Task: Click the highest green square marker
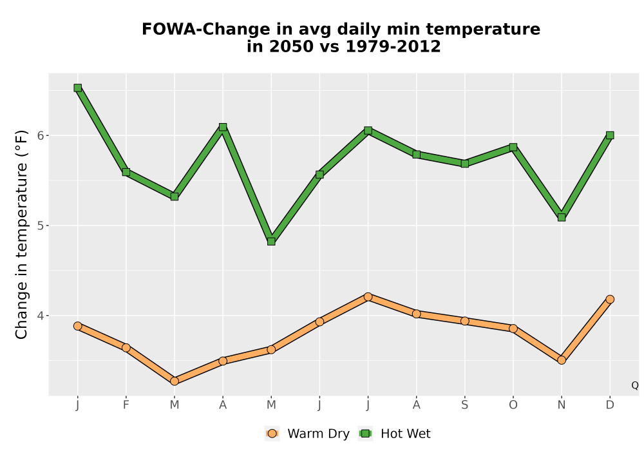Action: click(x=78, y=88)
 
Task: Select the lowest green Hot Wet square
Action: click(x=271, y=242)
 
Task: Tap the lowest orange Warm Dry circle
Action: click(x=175, y=381)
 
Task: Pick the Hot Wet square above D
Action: click(x=610, y=135)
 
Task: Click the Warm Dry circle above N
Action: click(x=562, y=360)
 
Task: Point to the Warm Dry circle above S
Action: click(x=465, y=321)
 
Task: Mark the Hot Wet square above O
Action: click(x=513, y=147)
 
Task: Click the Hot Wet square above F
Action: click(x=126, y=172)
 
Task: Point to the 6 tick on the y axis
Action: click(x=41, y=135)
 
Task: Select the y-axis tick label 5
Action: click(x=41, y=225)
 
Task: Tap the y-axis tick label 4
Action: click(x=41, y=316)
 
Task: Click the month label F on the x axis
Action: click(x=126, y=405)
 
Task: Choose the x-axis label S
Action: click(x=465, y=405)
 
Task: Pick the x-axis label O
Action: click(x=513, y=405)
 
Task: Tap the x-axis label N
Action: click(x=562, y=405)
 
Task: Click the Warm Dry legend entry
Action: click(x=307, y=434)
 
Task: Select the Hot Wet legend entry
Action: click(x=395, y=434)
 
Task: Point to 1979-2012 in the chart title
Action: click(x=393, y=46)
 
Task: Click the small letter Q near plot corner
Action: click(x=635, y=385)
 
